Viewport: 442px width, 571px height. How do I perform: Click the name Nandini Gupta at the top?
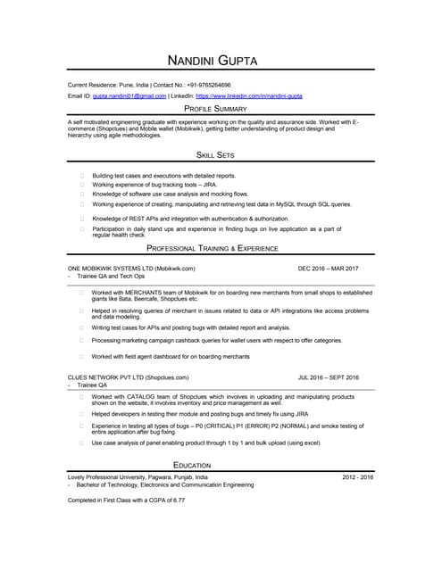pyautogui.click(x=220, y=61)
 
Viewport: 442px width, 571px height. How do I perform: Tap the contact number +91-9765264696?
pyautogui.click(x=209, y=84)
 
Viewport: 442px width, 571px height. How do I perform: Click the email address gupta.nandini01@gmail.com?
pyautogui.click(x=130, y=95)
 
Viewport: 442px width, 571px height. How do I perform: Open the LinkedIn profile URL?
pyautogui.click(x=249, y=95)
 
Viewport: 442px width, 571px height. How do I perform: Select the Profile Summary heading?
pyautogui.click(x=221, y=108)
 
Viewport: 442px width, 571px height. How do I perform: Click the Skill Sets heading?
pyautogui.click(x=221, y=155)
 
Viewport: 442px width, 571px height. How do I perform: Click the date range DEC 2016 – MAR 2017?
pyautogui.click(x=329, y=268)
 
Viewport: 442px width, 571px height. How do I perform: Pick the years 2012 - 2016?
pyautogui.click(x=357, y=477)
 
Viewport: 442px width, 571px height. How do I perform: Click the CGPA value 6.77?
pyautogui.click(x=179, y=500)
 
